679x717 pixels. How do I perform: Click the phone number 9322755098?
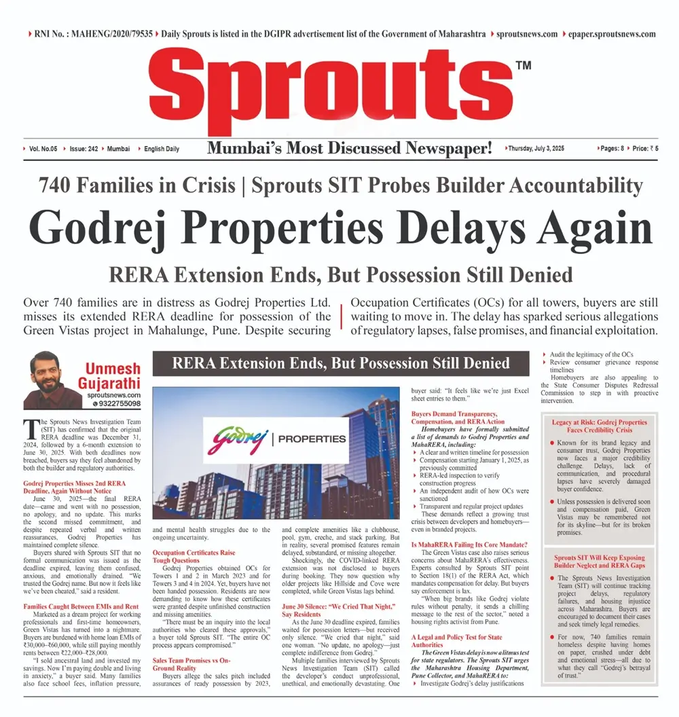pos(117,403)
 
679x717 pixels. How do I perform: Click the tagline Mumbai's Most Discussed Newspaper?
pos(349,148)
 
